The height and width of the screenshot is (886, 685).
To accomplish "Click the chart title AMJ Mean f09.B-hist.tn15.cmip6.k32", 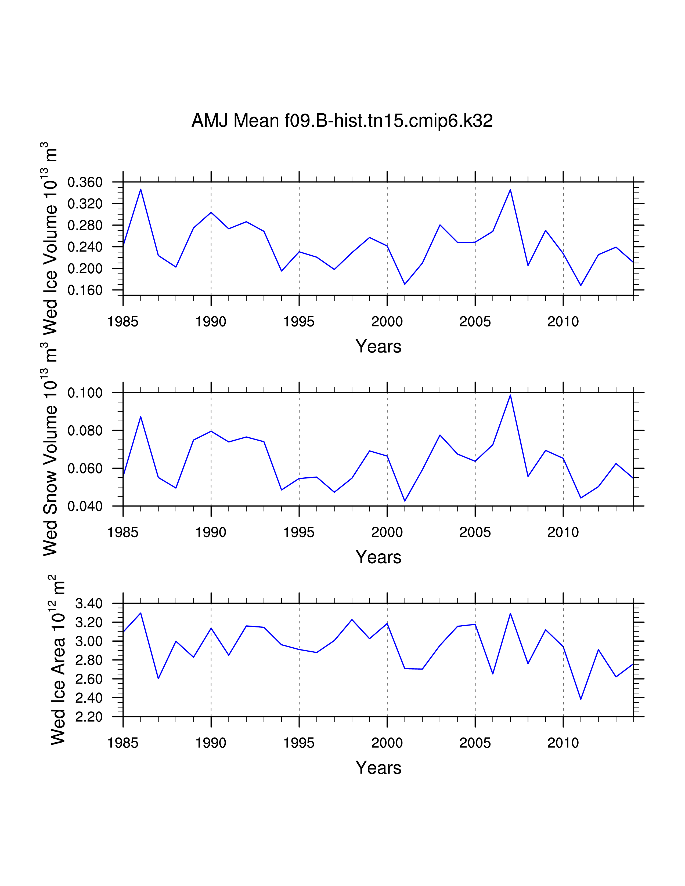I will pyautogui.click(x=342, y=121).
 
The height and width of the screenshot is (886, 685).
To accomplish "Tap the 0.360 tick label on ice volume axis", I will pyautogui.click(x=85, y=182).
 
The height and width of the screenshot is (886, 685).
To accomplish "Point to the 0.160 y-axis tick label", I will pyautogui.click(x=85, y=290).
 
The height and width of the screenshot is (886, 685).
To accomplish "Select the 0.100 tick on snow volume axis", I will pyautogui.click(x=85, y=393).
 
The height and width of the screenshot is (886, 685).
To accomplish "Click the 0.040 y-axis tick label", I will pyautogui.click(x=85, y=506).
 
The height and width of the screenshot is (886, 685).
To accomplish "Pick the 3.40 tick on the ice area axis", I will pyautogui.click(x=89, y=603).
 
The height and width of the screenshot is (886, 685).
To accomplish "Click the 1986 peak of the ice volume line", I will pyautogui.click(x=141, y=189).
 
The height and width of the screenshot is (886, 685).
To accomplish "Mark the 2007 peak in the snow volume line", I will pyautogui.click(x=510, y=395).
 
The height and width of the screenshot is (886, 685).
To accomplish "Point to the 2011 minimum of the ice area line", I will pyautogui.click(x=581, y=699).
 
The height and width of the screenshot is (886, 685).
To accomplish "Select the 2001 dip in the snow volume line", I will pyautogui.click(x=405, y=501).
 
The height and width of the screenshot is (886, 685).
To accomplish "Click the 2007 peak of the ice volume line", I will pyautogui.click(x=510, y=190).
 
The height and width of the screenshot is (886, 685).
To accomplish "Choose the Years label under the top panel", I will pyautogui.click(x=378, y=346).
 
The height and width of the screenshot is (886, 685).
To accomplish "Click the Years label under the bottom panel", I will pyautogui.click(x=378, y=768).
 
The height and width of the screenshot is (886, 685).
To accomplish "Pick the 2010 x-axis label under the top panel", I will pyautogui.click(x=563, y=322).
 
